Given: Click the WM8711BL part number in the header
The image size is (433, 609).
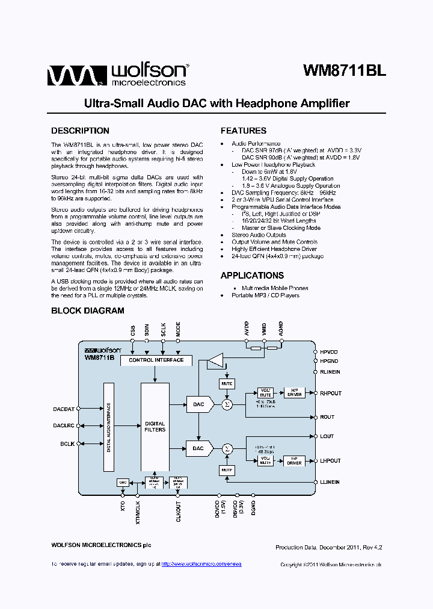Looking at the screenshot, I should tap(344, 70).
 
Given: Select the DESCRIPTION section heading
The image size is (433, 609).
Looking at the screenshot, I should tap(80, 131).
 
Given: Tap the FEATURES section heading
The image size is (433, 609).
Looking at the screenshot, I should tap(243, 131).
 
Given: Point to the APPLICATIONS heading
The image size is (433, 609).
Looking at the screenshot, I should tap(252, 276).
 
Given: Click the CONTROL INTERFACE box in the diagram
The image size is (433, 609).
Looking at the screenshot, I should tap(156, 360).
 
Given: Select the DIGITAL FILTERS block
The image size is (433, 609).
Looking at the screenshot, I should tap(155, 427).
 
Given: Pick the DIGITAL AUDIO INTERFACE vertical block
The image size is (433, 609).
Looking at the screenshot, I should tap(109, 427).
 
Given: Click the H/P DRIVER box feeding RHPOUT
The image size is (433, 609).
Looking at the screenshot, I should tap(294, 393).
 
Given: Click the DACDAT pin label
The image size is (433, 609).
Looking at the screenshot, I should tap(64, 409).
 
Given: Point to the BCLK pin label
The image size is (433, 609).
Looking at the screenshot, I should tap(67, 444).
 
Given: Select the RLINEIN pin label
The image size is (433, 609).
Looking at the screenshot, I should tap(330, 372).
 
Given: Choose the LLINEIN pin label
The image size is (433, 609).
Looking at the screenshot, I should tap(330, 482).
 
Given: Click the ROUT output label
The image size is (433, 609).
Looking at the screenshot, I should tap(327, 417).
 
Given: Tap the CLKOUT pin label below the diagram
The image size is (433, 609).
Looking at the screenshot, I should tap(179, 510).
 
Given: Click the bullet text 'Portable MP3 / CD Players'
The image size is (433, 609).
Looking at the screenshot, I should tap(265, 295).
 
